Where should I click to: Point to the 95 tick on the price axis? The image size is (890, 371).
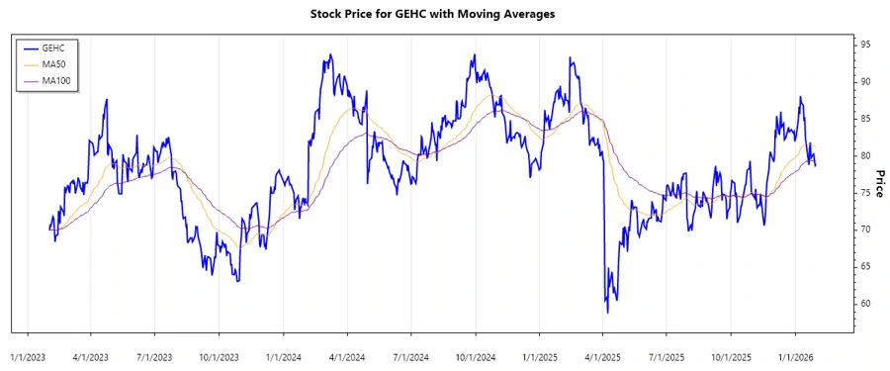coord(865,45)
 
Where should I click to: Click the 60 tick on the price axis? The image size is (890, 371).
coord(865,304)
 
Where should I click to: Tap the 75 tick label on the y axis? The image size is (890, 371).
coord(865,193)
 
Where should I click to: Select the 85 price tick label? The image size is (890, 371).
coord(865,119)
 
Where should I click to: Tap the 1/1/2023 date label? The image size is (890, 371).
coord(27,354)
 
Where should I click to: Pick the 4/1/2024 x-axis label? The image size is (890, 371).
coord(347,354)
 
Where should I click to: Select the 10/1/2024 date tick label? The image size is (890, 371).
coord(476,354)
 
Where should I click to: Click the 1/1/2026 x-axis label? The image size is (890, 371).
coord(797,354)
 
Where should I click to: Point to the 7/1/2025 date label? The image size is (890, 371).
coord(667,354)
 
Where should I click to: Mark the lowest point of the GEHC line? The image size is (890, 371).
coord(607,313)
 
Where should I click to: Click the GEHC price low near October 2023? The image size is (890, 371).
coord(237,281)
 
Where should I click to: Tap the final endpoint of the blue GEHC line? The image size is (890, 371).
coord(815,165)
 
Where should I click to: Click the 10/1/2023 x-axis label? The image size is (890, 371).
coord(219,354)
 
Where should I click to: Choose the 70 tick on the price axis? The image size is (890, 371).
coord(865,230)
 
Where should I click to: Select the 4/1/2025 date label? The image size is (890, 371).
coord(603,354)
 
